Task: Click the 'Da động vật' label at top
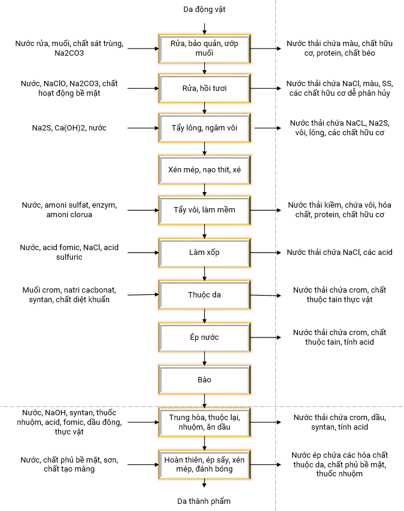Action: (205, 10)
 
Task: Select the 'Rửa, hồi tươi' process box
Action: (205, 88)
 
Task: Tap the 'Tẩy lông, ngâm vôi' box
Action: (205, 127)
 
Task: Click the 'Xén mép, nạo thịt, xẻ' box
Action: (205, 169)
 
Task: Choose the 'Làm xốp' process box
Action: (205, 253)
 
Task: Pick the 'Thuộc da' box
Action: (205, 294)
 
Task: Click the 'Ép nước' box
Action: (205, 337)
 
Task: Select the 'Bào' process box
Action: (205, 379)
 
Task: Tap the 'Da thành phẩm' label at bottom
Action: (204, 501)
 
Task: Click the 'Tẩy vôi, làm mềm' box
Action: (205, 210)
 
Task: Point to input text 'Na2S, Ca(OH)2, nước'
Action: (69, 127)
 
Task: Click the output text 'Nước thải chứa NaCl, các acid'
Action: (339, 253)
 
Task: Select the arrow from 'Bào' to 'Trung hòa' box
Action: (205, 400)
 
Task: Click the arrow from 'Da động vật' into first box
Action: (205, 27)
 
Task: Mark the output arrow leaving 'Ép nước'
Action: (265, 337)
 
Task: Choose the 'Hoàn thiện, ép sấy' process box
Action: (205, 464)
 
